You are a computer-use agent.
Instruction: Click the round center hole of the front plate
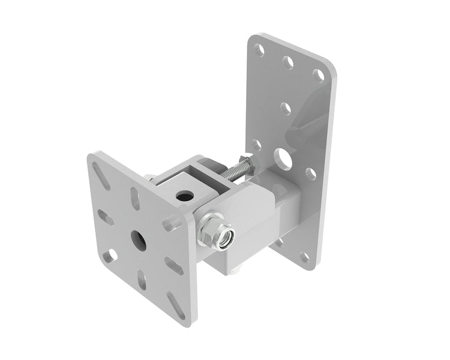(137, 240)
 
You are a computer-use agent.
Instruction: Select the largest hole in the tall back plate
(282, 157)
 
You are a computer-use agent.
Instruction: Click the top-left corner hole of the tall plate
(259, 49)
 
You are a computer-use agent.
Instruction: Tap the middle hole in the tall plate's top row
(289, 62)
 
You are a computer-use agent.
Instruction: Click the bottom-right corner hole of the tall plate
(306, 257)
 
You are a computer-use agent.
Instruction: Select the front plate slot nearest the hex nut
(173, 223)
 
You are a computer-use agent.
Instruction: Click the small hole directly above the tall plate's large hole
(286, 109)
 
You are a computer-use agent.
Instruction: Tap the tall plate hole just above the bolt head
(256, 145)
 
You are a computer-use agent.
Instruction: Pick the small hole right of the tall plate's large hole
(311, 174)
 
